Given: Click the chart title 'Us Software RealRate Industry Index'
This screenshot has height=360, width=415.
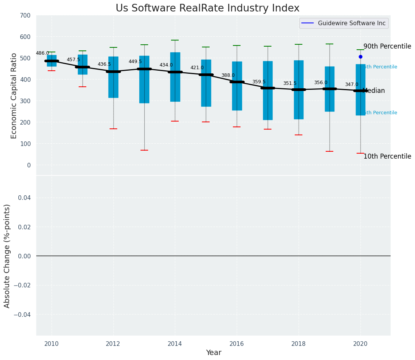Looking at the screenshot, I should pyautogui.click(x=207, y=8).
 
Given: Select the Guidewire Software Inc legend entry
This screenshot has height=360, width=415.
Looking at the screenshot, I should pyautogui.click(x=344, y=23).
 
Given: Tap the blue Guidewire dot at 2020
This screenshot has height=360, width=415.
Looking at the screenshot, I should pyautogui.click(x=360, y=57).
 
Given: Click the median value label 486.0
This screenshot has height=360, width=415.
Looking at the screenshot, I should pyautogui.click(x=42, y=54).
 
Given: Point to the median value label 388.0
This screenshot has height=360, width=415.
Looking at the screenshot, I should pyautogui.click(x=228, y=76).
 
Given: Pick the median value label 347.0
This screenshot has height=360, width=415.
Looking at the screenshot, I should pyautogui.click(x=352, y=85).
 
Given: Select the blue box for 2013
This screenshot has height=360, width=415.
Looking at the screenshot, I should pyautogui.click(x=144, y=79).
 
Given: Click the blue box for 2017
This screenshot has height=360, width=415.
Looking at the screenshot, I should pyautogui.click(x=268, y=91).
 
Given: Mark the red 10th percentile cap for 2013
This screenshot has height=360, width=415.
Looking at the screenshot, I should pyautogui.click(x=144, y=150).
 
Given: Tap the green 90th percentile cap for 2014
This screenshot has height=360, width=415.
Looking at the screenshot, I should pyautogui.click(x=175, y=40).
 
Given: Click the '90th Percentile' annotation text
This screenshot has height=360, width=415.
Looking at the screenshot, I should pyautogui.click(x=387, y=47).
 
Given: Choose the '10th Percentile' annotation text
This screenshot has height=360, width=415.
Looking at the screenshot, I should pyautogui.click(x=387, y=157).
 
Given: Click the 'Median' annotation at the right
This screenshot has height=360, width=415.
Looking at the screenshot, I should pyautogui.click(x=374, y=91).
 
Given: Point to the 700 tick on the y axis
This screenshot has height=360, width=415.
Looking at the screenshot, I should pyautogui.click(x=25, y=16).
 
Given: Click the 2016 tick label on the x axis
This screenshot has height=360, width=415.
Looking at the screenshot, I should pyautogui.click(x=237, y=344).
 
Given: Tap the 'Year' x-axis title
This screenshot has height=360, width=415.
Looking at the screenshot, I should pyautogui.click(x=213, y=353).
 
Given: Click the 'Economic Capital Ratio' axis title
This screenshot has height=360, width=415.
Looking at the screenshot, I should pyautogui.click(x=14, y=96).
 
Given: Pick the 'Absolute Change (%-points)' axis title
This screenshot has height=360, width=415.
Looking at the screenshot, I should pyautogui.click(x=7, y=256).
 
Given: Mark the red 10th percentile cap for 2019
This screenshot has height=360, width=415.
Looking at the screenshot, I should pyautogui.click(x=329, y=151).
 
